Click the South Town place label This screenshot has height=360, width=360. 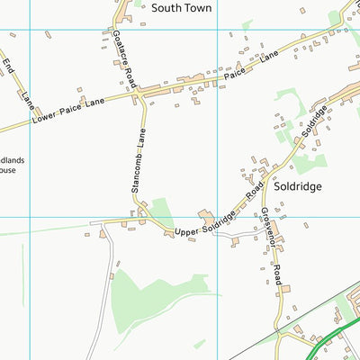point(181,7)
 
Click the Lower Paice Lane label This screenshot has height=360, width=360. point(67,112)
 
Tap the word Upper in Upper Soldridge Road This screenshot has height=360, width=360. point(184,232)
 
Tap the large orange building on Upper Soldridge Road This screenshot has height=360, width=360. point(208,219)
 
